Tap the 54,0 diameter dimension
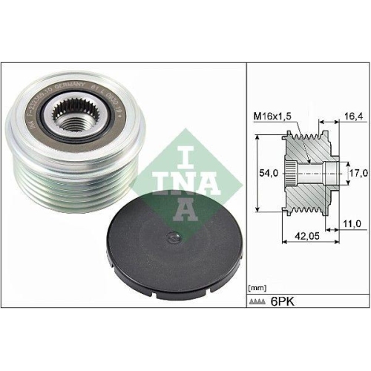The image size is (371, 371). tap(268, 174)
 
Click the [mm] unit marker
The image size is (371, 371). tap(256, 285)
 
